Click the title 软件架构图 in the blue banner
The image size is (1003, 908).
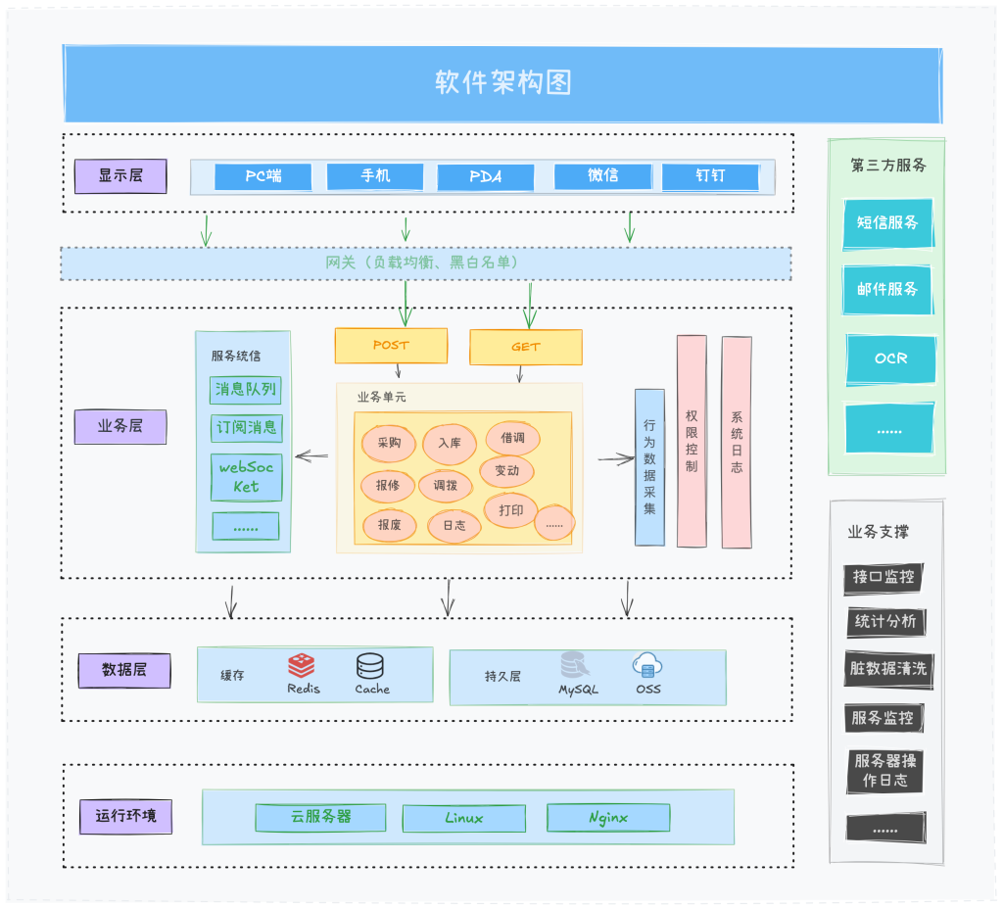[x=502, y=82]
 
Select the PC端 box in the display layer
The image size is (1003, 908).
[x=263, y=176]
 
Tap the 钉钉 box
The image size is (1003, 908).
[x=710, y=176]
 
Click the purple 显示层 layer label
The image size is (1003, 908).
[x=120, y=176]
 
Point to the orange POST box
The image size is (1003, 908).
[x=391, y=346]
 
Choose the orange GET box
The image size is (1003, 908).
[x=526, y=347]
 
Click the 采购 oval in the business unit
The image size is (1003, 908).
[x=389, y=443]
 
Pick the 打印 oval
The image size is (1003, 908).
[x=510, y=510]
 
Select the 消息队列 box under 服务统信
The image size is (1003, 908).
[x=246, y=390]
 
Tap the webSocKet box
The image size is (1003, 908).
[x=246, y=477]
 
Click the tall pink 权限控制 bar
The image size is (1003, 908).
[x=692, y=441]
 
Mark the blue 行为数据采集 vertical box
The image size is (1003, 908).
[x=649, y=466]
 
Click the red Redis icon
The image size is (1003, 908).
[x=302, y=666]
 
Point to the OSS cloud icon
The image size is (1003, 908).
[x=647, y=666]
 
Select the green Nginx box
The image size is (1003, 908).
[x=608, y=818]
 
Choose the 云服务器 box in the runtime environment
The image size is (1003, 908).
[x=321, y=817]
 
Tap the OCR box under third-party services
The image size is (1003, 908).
[x=890, y=358]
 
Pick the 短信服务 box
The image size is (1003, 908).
[x=888, y=223]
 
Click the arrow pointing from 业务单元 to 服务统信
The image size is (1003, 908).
[x=311, y=455]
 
